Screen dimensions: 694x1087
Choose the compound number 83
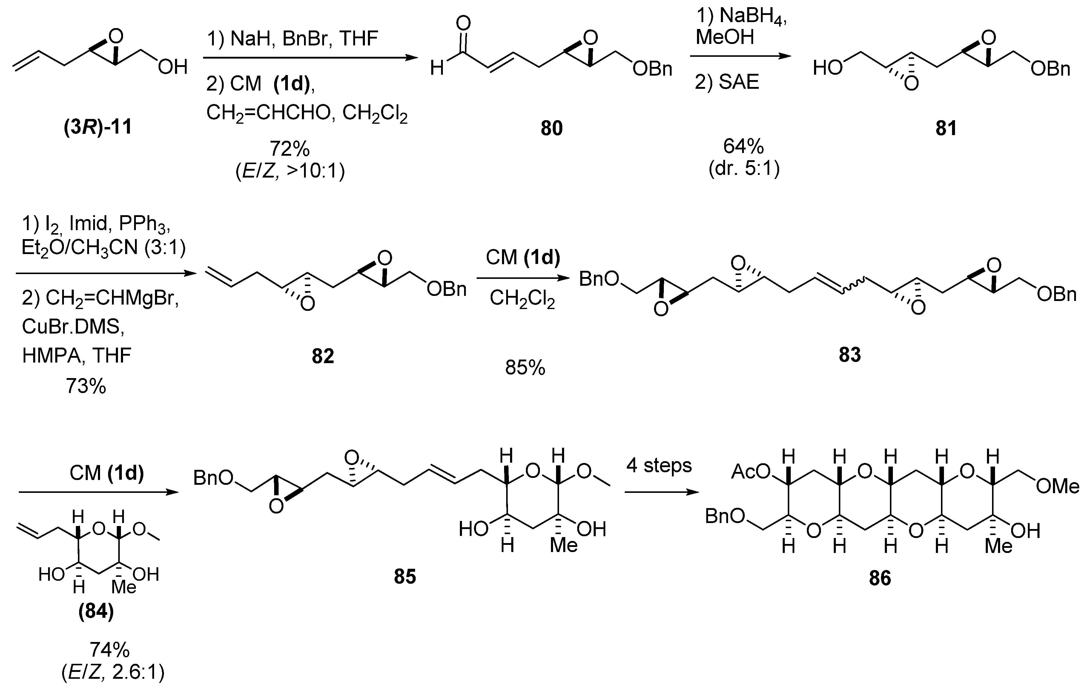tap(850, 355)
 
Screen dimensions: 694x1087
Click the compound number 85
tap(405, 577)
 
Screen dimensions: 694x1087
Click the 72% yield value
tap(289, 149)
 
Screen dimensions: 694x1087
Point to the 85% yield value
tap(525, 368)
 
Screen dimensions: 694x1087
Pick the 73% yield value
tap(86, 386)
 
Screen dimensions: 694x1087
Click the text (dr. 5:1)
tap(744, 169)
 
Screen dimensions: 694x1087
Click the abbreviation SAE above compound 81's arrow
tap(739, 82)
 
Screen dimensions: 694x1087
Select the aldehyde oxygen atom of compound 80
tap(463, 23)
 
